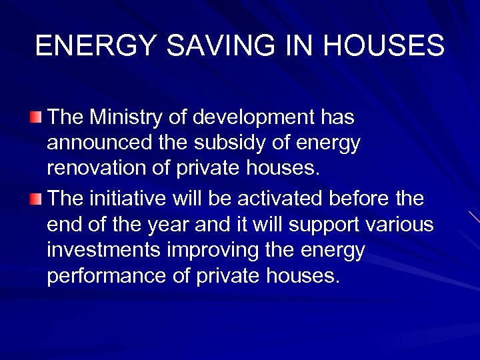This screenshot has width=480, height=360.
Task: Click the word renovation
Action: click(97, 169)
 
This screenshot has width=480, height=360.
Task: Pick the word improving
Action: click(213, 251)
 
